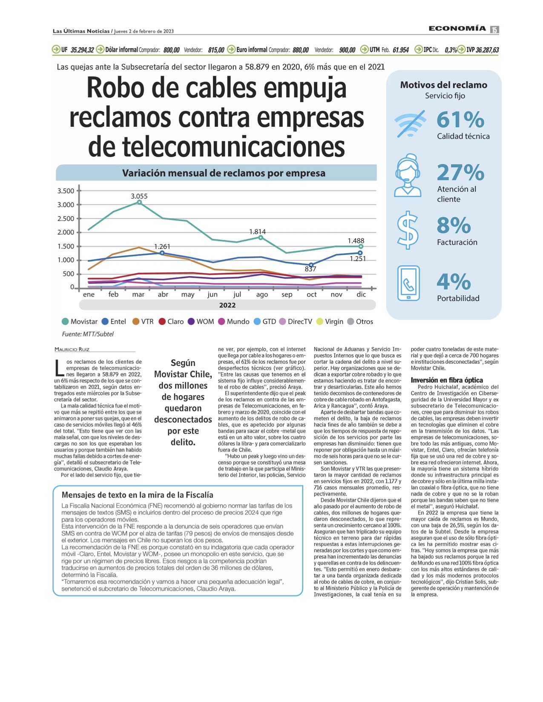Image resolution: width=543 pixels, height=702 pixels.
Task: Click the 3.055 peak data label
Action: (139, 196)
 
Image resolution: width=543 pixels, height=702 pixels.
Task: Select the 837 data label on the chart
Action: (310, 269)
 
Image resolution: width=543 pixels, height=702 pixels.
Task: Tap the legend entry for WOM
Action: (201, 322)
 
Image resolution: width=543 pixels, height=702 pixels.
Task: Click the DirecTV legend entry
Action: (296, 322)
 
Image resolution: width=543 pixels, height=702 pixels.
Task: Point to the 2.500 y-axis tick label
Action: (66, 219)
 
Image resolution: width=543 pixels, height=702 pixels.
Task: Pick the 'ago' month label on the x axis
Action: (262, 294)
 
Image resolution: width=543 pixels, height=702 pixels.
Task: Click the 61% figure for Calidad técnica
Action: (460, 120)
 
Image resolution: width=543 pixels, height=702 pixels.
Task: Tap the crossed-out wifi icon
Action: (410, 124)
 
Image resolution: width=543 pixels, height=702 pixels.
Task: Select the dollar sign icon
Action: (408, 230)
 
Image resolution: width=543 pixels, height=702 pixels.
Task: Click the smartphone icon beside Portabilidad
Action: (408, 283)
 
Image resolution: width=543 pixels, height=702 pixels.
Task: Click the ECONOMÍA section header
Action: (457, 29)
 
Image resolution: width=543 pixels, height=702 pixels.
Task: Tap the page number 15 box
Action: (494, 29)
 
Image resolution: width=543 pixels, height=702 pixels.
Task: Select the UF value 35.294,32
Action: (82, 50)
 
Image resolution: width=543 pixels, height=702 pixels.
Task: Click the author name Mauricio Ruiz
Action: (72, 349)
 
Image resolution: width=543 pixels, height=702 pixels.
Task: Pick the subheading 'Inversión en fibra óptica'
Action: (447, 380)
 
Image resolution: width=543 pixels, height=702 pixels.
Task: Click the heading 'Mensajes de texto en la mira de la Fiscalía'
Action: (137, 495)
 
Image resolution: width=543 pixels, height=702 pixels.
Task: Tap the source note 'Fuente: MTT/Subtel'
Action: (88, 334)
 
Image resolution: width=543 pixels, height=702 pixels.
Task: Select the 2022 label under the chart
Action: (227, 305)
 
